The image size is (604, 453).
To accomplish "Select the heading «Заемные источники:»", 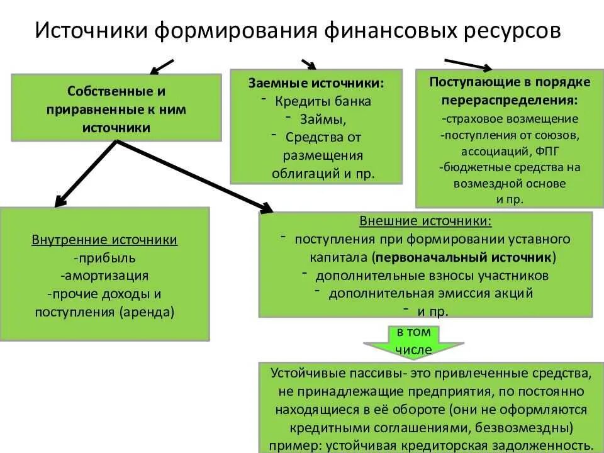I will (x=316, y=83).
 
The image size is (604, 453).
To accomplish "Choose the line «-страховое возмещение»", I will (x=510, y=118).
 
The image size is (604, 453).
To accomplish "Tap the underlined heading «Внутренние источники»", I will (x=104, y=240).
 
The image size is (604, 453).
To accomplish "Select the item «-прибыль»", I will (x=104, y=258).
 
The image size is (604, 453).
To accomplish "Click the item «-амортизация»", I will (x=104, y=276).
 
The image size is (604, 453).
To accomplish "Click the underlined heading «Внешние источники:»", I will (x=425, y=221).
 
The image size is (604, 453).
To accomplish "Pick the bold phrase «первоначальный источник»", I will (x=464, y=257).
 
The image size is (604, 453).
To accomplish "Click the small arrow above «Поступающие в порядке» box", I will (x=468, y=64).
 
